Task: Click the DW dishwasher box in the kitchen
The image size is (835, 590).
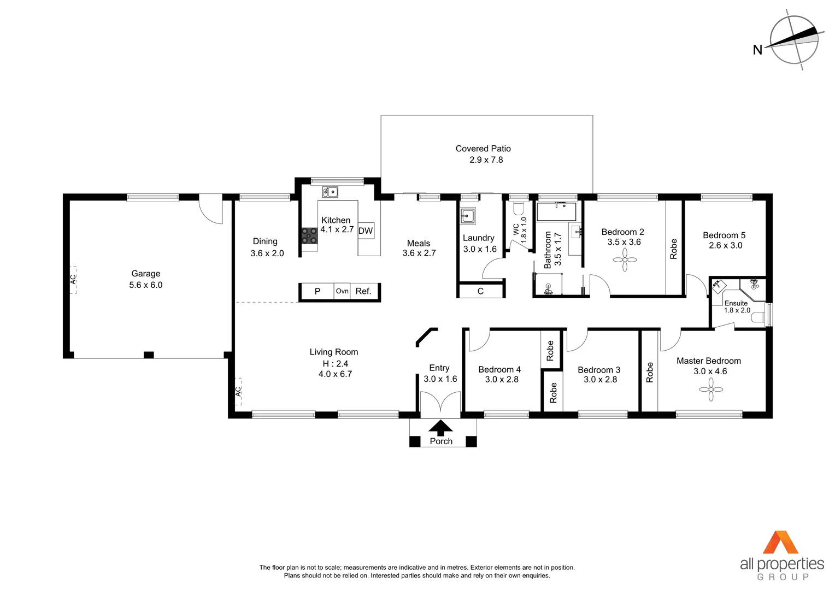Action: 365,231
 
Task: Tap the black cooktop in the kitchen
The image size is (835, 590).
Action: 309,235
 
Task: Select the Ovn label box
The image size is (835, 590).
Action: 342,291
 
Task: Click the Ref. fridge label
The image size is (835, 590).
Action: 363,291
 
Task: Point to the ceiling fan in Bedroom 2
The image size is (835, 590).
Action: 625,260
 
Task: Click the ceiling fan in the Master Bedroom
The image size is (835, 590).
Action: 711,390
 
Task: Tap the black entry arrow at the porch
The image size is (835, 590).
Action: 440,428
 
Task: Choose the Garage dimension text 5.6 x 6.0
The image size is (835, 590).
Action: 146,285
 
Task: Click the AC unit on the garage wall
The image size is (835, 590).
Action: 73,280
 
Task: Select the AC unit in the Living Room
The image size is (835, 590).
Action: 238,391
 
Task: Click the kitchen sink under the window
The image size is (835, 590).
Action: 330,192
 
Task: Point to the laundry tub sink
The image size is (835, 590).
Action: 467,216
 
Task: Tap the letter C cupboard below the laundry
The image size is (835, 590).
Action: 480,291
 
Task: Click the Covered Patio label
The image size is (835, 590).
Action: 483,149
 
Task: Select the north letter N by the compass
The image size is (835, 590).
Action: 757,50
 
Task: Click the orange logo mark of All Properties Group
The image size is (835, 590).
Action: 780,542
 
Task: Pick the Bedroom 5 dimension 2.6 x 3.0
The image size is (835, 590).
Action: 725,246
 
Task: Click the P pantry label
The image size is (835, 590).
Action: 317,291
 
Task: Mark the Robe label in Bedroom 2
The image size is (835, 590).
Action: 673,249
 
